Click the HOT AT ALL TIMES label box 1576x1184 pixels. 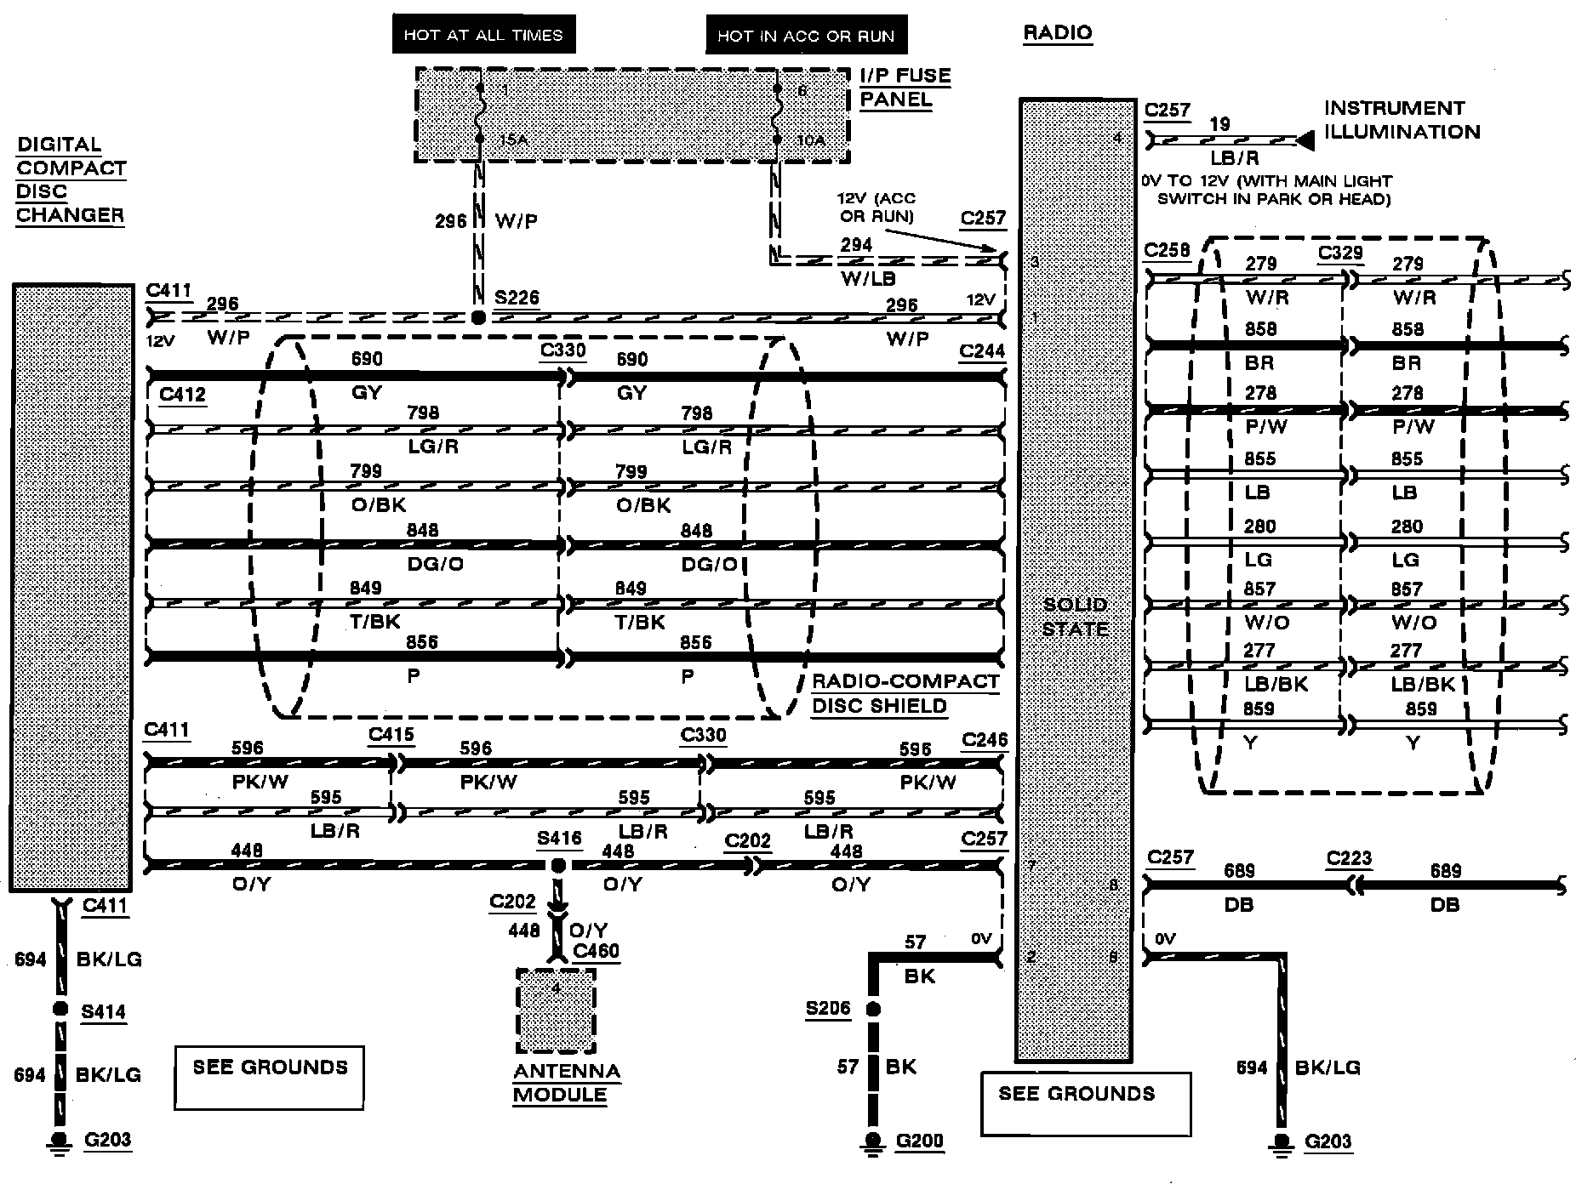click(483, 35)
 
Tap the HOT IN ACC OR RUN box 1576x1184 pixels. click(805, 36)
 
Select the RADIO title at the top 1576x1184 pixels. click(1057, 33)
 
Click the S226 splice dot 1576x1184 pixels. click(478, 317)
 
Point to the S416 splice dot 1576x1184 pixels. click(557, 866)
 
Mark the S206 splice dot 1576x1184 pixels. click(873, 1010)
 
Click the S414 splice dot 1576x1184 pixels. click(60, 1009)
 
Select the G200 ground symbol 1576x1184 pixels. click(873, 1141)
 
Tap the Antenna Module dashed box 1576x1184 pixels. click(556, 1010)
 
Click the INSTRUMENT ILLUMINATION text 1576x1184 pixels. click(1402, 120)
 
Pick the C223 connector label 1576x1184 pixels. click(1349, 858)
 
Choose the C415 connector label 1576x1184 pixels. click(391, 734)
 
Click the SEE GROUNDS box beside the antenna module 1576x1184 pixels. click(269, 1077)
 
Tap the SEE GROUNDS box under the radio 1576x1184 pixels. click(1085, 1103)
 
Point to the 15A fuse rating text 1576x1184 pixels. click(512, 140)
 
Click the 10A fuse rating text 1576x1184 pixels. click(811, 140)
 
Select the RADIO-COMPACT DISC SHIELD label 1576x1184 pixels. click(905, 694)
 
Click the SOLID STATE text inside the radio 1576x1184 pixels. click(1076, 617)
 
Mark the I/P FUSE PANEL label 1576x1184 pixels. click(905, 88)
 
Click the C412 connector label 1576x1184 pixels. click(182, 394)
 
